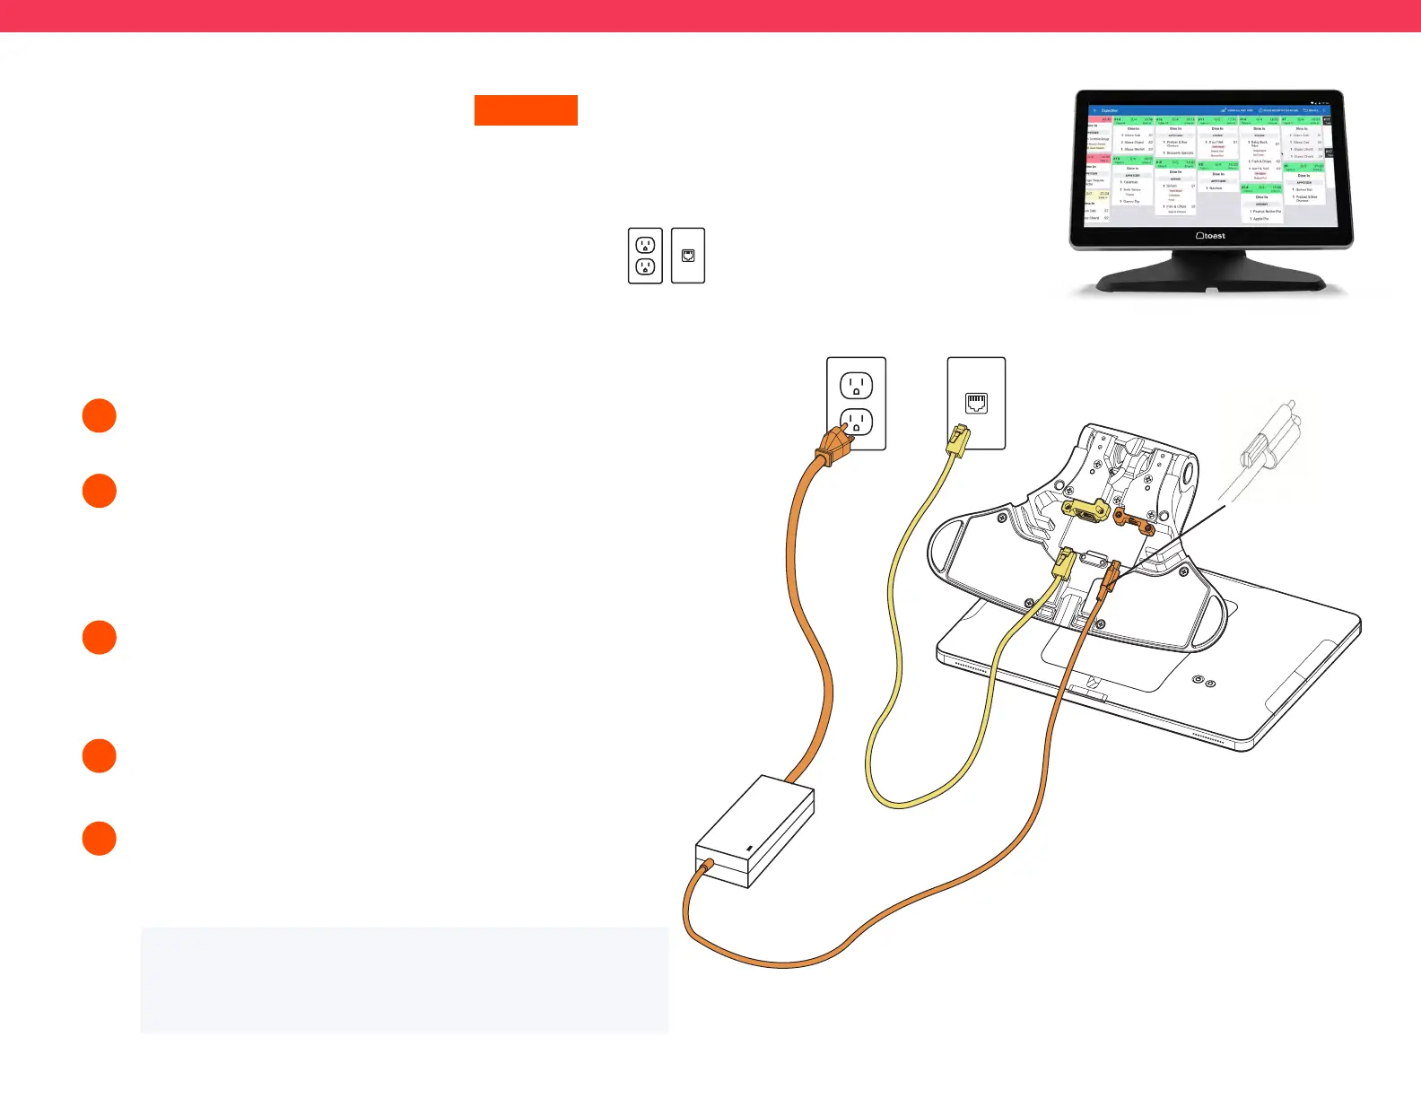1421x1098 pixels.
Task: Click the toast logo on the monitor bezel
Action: coord(1211,236)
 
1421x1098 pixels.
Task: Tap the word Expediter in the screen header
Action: coord(1110,110)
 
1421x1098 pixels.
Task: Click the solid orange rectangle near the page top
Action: coord(526,110)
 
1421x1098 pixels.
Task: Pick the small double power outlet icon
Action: coord(645,256)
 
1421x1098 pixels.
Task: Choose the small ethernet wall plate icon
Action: coord(688,256)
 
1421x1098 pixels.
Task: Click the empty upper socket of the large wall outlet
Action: coord(856,386)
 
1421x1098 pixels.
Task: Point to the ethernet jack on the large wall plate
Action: coord(976,403)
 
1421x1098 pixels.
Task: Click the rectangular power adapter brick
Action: coord(755,832)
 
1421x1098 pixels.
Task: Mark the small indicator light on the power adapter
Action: coord(749,848)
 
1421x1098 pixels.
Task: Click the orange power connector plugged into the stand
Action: coord(1110,577)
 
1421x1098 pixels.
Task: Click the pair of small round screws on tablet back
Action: coord(1203,682)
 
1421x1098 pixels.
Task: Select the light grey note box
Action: coord(405,980)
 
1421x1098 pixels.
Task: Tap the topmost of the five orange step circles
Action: coord(100,416)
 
